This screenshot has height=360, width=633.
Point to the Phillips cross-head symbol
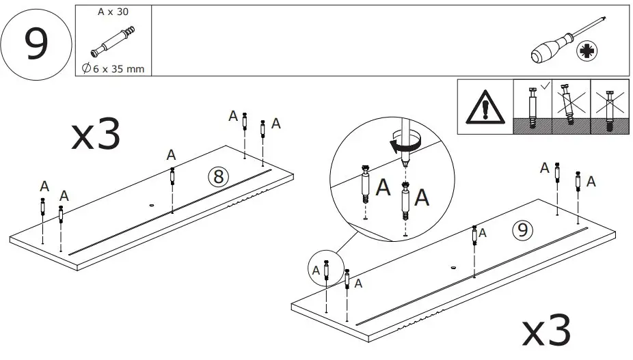click(586, 51)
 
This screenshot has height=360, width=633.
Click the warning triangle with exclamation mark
click(485, 108)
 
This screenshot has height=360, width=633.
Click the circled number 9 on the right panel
click(521, 232)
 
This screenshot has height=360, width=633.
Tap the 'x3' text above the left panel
click(96, 135)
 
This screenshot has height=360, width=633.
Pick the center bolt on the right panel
click(474, 236)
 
